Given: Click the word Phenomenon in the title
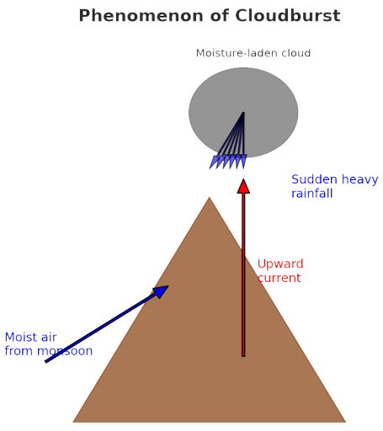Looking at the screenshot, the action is click(x=141, y=16).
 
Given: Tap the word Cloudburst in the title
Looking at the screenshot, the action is click(x=288, y=15).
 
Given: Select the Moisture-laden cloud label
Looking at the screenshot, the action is click(x=253, y=53).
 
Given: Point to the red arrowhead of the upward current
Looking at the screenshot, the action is click(x=243, y=186).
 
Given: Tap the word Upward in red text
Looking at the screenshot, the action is click(x=280, y=264).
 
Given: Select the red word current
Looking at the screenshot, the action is click(x=279, y=278).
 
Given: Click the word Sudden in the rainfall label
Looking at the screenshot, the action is click(x=314, y=179).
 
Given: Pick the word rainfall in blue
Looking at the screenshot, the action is click(x=312, y=194).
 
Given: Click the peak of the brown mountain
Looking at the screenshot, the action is click(x=209, y=197).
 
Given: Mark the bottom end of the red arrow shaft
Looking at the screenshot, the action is click(x=243, y=356).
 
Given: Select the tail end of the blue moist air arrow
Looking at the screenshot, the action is click(x=46, y=362).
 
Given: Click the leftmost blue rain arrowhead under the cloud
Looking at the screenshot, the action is click(x=213, y=162).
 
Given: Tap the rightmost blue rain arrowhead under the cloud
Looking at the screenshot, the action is click(x=243, y=162).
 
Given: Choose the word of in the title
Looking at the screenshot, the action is click(x=219, y=15).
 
